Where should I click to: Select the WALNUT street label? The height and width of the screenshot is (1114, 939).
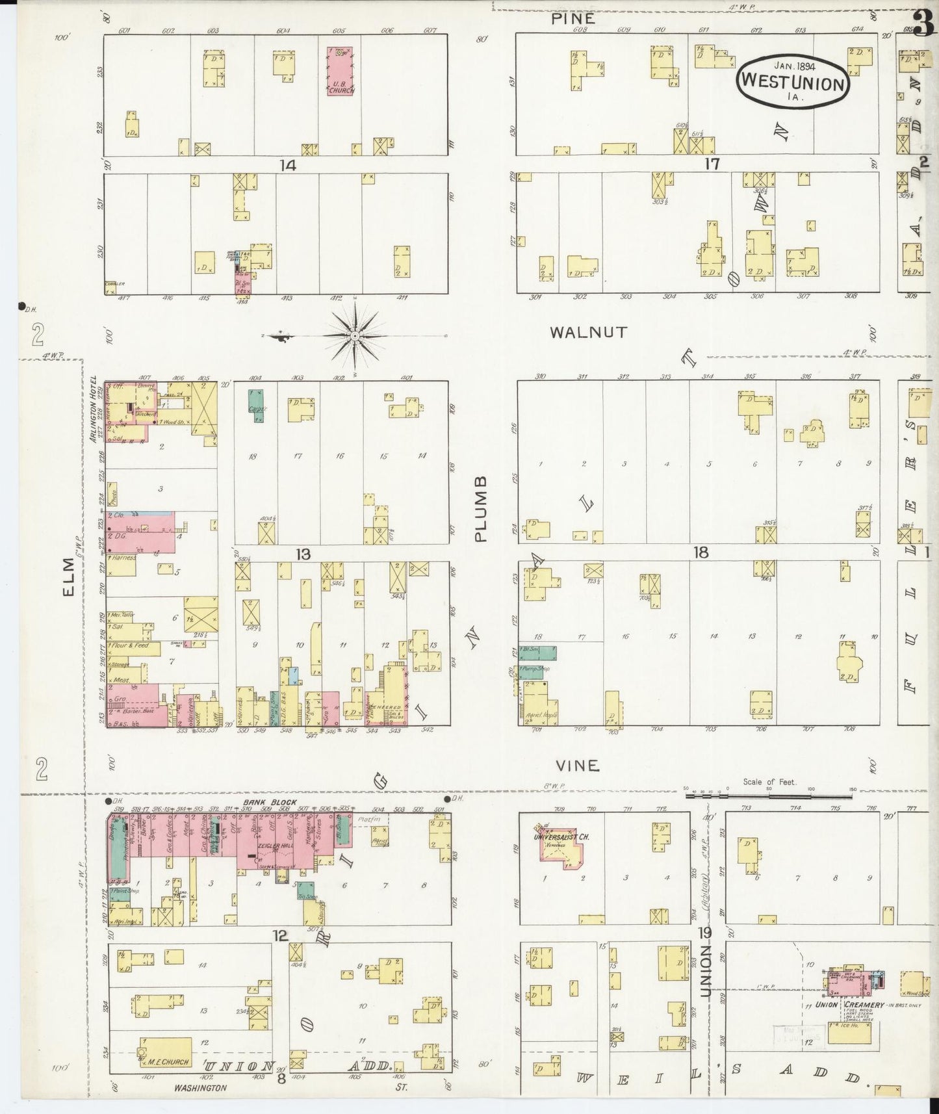pyautogui.click(x=588, y=332)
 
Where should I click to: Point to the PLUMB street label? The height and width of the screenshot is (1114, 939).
pyautogui.click(x=480, y=508)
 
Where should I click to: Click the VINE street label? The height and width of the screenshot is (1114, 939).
pyautogui.click(x=577, y=766)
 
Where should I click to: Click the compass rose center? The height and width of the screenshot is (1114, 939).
pyautogui.click(x=355, y=335)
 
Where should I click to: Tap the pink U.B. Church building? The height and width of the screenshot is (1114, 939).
pyautogui.click(x=341, y=70)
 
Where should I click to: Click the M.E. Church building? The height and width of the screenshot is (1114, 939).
pyautogui.click(x=166, y=1052)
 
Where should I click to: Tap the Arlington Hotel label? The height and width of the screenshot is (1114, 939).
pyautogui.click(x=94, y=409)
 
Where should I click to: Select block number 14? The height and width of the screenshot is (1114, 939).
pyautogui.click(x=288, y=165)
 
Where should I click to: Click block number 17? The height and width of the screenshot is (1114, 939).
pyautogui.click(x=712, y=164)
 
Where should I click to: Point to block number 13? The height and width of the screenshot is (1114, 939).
pyautogui.click(x=302, y=554)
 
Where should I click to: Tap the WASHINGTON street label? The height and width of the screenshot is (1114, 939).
pyautogui.click(x=200, y=1088)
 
